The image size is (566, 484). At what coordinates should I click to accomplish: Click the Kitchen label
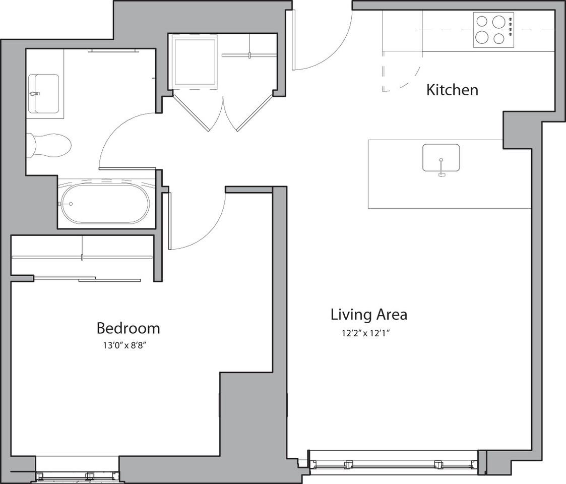[x=452, y=90]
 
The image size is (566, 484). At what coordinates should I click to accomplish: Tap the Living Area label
[x=368, y=315]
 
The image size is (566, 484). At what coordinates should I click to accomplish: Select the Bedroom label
[x=128, y=328]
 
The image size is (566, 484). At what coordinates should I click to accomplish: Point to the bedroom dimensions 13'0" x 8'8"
[x=128, y=345]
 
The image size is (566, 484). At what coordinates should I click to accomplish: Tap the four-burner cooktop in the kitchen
[x=493, y=30]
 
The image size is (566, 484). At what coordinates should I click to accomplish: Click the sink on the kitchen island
[x=441, y=158]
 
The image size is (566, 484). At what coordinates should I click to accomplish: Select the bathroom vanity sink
[x=43, y=93]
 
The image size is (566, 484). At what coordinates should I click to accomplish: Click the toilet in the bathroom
[x=49, y=146]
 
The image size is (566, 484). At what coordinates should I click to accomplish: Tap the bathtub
[x=105, y=204]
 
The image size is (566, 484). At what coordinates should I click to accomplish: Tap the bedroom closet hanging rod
[x=82, y=257]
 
